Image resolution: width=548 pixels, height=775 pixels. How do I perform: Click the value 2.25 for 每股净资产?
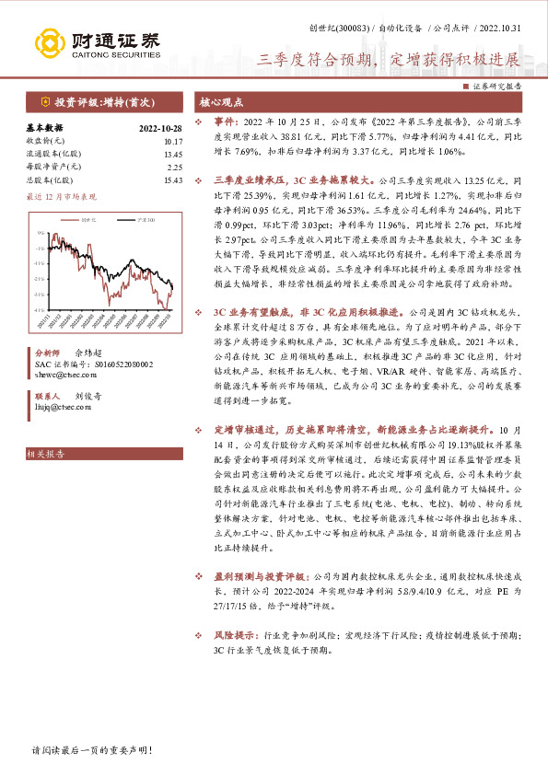click(173, 167)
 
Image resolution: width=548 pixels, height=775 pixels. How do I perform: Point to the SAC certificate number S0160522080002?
click(92, 364)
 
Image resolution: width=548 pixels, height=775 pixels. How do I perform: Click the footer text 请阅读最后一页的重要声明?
click(92, 751)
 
